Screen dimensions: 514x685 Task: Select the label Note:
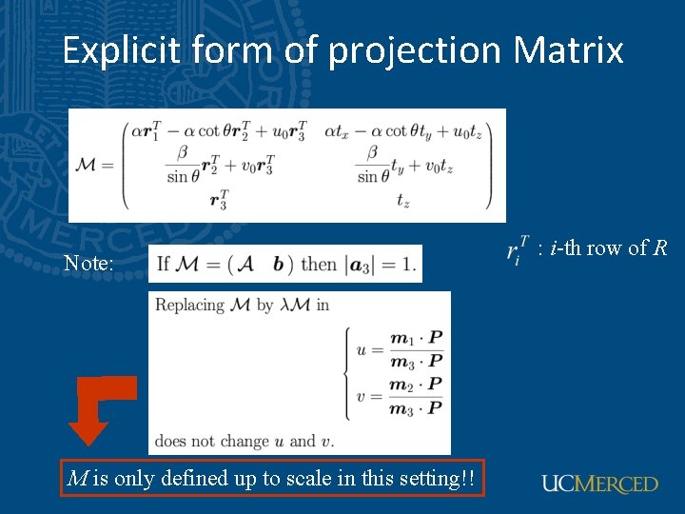pos(88,264)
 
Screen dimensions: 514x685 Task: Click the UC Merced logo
pos(599,484)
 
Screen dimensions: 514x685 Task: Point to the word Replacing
pos(189,306)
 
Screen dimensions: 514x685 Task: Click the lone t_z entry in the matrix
pos(402,200)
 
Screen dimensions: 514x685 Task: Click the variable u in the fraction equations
pos(362,349)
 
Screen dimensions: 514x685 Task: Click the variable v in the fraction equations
pos(362,396)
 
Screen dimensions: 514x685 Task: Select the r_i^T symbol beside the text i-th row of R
pos(516,252)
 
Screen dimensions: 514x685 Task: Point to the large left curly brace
pos(346,373)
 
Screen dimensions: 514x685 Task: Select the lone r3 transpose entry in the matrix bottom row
pos(219,200)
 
